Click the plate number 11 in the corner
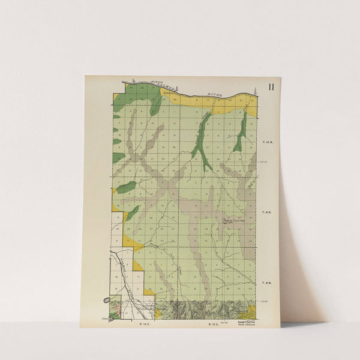(x=271, y=86)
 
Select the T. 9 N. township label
(x=268, y=212)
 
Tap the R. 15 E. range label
(x=212, y=324)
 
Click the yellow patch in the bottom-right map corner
(x=251, y=312)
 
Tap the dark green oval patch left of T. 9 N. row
(x=125, y=188)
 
